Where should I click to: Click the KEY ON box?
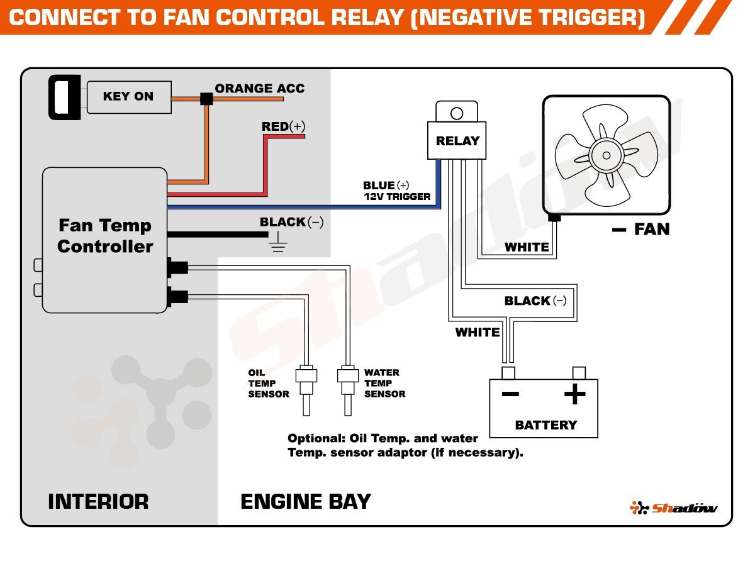pos(128,97)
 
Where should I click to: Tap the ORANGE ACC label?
pos(259,89)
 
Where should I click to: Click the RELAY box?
pos(457,141)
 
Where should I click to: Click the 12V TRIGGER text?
pos(397,197)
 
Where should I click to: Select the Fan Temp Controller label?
pos(105,236)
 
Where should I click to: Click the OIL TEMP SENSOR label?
pos(268,383)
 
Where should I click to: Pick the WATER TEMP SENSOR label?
pos(384,383)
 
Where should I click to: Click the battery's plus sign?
pos(574,395)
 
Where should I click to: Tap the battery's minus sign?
pos(510,395)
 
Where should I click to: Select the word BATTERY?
pos(545,425)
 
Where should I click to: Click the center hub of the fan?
pos(606,155)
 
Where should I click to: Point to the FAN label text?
pos(651,230)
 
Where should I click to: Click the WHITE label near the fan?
pos(527,247)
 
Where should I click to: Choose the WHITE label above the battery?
pos(478,332)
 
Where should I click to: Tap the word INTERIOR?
pos(98,502)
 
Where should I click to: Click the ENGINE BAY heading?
pos(306,502)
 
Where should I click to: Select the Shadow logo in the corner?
pos(674,508)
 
